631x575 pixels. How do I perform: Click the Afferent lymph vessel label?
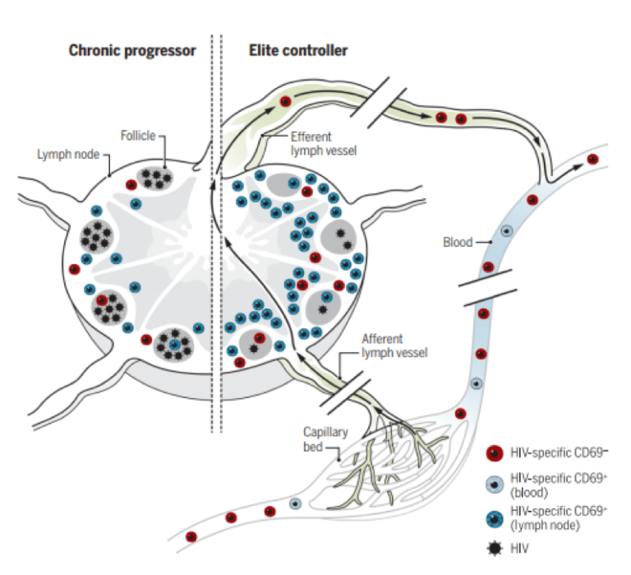point(389,346)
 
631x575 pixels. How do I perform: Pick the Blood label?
point(457,243)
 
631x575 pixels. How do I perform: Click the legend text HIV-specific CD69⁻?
point(559,452)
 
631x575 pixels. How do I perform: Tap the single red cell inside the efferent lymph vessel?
point(285,101)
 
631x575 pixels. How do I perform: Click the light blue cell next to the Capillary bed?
point(294,503)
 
